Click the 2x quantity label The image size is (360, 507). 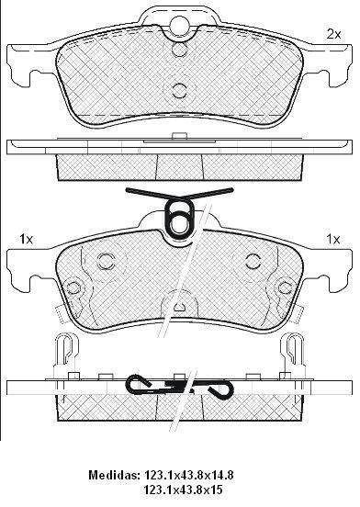click(333, 34)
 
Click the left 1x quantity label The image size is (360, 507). click(27, 240)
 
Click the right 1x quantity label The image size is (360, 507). click(333, 240)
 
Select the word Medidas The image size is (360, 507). click(113, 475)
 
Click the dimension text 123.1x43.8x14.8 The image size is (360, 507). click(189, 475)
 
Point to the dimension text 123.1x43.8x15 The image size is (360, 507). click(184, 490)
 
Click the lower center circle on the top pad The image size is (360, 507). click(179, 90)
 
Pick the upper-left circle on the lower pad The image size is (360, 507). click(106, 261)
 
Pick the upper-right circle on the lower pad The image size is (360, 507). click(253, 261)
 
